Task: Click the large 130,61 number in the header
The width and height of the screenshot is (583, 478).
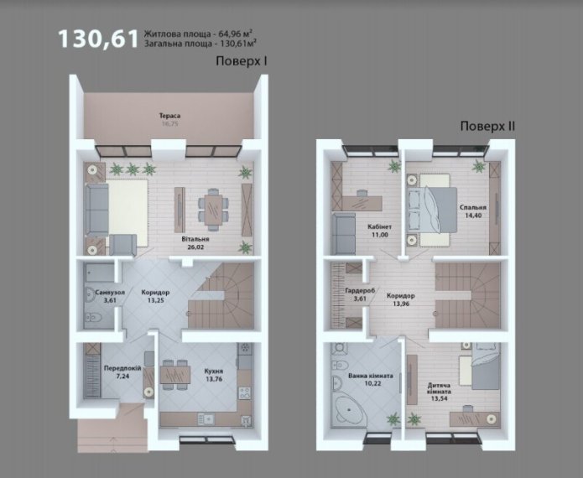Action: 98,39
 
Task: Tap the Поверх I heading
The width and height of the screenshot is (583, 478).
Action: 242,61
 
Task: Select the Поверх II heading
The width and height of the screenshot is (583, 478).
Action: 487,126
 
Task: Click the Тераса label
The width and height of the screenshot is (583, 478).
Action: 170,116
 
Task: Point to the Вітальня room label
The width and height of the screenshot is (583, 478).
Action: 195,239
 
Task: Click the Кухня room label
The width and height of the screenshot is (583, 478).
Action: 214,371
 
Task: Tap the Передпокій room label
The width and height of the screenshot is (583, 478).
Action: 122,368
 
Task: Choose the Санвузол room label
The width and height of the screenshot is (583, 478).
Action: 110,292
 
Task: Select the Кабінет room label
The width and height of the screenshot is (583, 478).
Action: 380,226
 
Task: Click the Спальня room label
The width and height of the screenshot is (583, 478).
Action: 473,207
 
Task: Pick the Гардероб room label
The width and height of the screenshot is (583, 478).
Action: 360,291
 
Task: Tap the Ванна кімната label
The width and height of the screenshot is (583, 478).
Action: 370,376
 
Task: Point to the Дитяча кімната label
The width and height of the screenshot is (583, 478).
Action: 439,388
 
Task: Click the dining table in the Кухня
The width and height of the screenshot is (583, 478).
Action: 175,375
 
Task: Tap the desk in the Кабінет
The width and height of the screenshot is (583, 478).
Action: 362,203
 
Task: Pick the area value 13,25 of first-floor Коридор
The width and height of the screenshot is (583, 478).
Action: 155,300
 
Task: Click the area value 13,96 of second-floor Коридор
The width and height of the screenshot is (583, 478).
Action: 400,304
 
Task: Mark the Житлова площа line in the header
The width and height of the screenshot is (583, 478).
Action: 199,34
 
